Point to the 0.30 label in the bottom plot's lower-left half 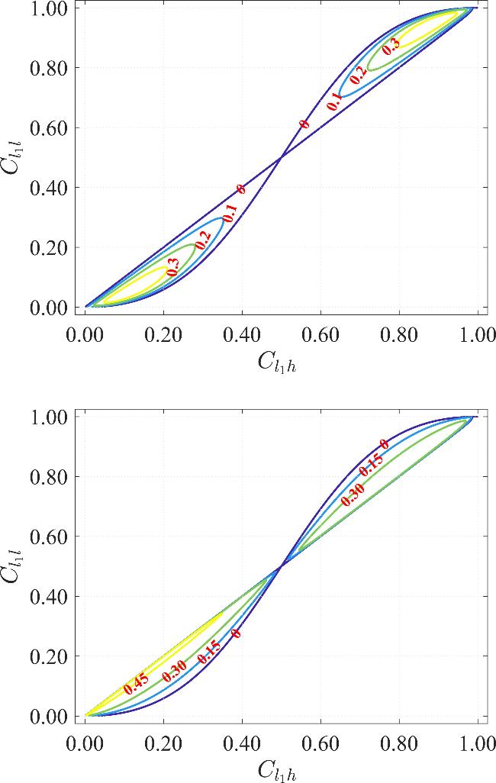coord(174,670)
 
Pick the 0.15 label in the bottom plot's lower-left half coord(208,651)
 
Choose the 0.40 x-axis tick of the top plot coord(242,334)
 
